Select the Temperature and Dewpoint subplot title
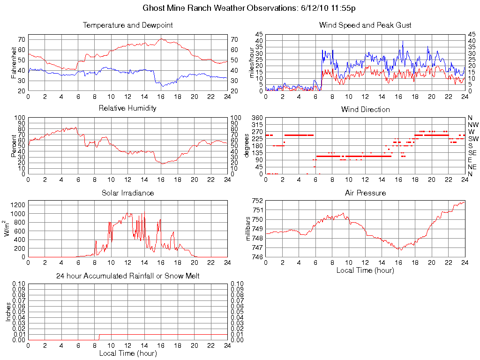[127, 25]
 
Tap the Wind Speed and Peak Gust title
[365, 25]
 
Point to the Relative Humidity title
[127, 108]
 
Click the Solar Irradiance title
[127, 193]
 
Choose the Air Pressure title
[365, 193]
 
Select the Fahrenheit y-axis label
[15, 62]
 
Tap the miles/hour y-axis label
[252, 62]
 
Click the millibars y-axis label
[248, 229]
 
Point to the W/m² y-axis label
[7, 229]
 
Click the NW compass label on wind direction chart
[473, 125]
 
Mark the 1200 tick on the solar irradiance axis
[18, 205]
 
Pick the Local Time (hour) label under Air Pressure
[365, 270]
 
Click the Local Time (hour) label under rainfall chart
[127, 353]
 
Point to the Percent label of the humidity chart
[15, 146]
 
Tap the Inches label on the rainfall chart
[7, 312]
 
